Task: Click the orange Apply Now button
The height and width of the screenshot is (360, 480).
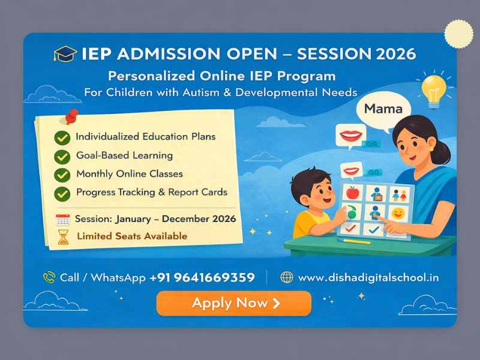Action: [233, 303]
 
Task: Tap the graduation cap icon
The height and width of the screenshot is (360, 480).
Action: [65, 53]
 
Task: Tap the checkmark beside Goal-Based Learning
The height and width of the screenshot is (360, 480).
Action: [62, 157]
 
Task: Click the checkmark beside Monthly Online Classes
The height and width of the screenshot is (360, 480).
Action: [62, 175]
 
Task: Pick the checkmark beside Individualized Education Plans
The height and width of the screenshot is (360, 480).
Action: [62, 137]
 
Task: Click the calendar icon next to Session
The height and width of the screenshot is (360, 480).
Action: [62, 219]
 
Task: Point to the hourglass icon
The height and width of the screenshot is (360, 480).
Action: [62, 236]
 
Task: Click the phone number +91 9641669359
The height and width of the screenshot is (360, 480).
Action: [202, 277]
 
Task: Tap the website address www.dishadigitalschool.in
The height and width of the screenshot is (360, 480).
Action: [368, 277]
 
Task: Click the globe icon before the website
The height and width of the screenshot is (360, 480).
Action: [287, 277]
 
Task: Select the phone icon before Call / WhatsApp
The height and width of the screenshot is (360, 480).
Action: [49, 277]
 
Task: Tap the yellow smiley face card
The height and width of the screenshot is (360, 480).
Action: [397, 212]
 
